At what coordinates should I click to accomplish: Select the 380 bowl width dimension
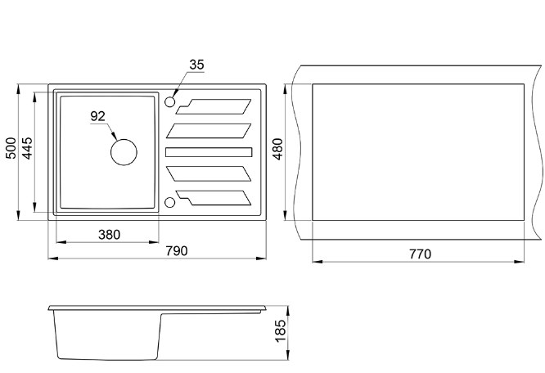coord(109,234)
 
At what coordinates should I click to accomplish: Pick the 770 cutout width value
coord(418,254)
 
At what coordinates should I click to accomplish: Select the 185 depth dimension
coord(280,332)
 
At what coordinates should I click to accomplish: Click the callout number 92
coord(98,116)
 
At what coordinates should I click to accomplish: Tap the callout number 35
coord(196,65)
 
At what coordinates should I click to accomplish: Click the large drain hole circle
coord(124,151)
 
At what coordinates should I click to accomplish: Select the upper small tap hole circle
coord(170,102)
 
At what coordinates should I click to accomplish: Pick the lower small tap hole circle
coord(170,201)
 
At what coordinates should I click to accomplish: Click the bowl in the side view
coord(106,335)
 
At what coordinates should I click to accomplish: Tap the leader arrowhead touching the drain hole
coord(115,138)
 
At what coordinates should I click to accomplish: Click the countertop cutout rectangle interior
coord(417,151)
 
